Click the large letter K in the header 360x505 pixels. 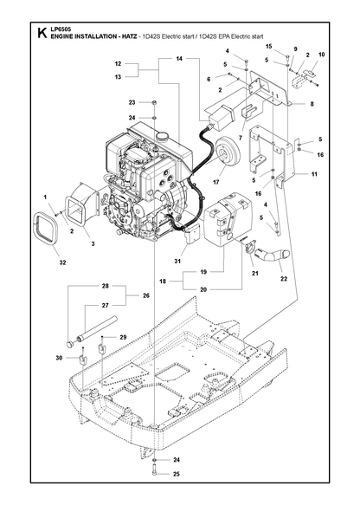point(42,33)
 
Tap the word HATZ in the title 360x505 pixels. point(128,36)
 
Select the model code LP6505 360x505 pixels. point(58,30)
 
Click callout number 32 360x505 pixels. point(62,262)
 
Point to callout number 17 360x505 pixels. point(215,182)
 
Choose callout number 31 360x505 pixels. point(177,262)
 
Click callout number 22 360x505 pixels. point(284,279)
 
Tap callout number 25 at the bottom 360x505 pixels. point(177,474)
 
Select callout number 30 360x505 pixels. point(59,358)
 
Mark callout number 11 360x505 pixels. point(314,174)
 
